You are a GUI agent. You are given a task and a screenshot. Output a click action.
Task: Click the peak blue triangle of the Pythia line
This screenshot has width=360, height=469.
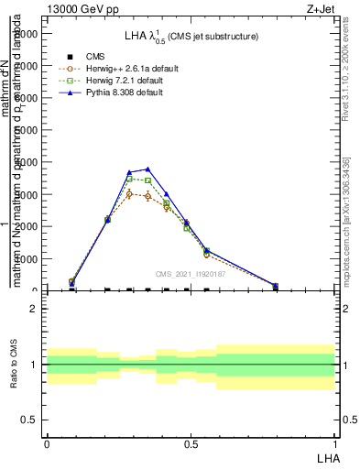click(147, 169)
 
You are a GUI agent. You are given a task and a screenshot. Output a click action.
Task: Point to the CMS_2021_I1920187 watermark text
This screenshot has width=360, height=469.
click(190, 274)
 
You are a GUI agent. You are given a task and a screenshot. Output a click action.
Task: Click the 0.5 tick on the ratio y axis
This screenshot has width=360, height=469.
click(30, 420)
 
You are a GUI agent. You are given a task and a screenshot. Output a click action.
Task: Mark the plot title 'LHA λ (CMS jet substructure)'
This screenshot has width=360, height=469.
click(191, 36)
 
